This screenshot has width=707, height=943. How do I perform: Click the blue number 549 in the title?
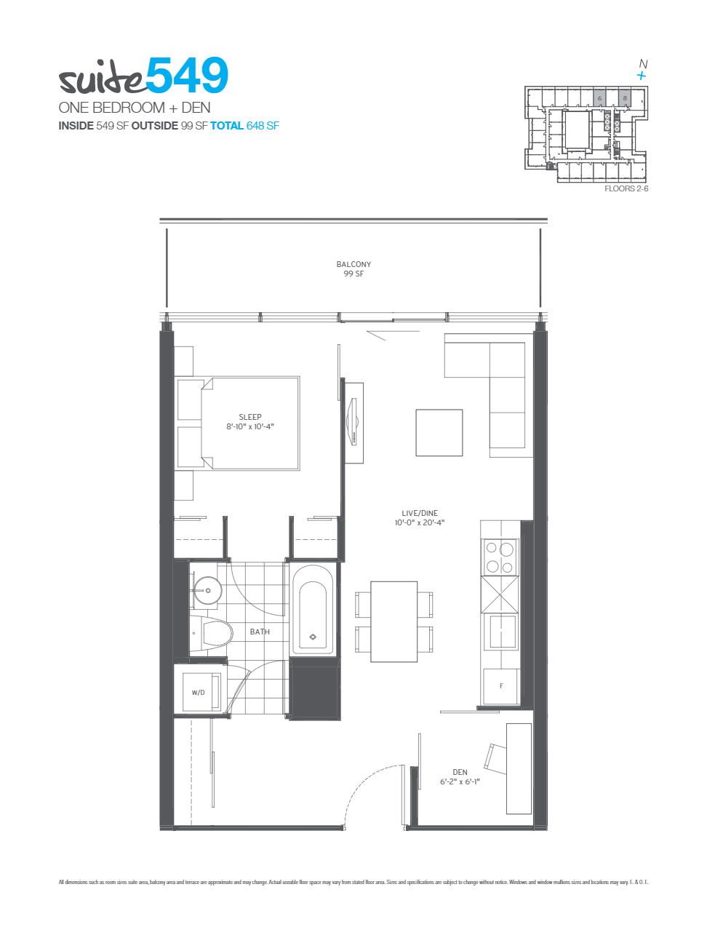pos(187,76)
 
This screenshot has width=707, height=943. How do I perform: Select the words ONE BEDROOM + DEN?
pos(135,108)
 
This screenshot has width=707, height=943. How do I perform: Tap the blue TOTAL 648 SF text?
pos(244,126)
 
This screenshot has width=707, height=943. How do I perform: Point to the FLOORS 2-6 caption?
pos(626,188)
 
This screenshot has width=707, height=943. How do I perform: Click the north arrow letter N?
pos(643,64)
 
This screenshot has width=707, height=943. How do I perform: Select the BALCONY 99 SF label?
pos(353,269)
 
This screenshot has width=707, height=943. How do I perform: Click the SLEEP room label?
pos(250,422)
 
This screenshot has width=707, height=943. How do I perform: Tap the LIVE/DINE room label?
pos(420,517)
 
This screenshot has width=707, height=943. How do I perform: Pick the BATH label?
pos(260,632)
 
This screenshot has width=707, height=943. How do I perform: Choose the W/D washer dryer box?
pos(198,692)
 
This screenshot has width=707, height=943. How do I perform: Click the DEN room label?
pos(460,777)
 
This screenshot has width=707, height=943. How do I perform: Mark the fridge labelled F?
pos(501,686)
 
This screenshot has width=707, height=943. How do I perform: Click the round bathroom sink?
pos(207,590)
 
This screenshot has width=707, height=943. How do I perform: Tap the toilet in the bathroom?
pos(216,633)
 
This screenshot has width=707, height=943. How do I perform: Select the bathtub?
pos(313,610)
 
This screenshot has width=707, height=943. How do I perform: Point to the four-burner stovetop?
pos(500,557)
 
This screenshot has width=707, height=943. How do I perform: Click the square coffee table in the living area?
pos(439,433)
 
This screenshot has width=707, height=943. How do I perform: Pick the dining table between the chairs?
pos(394,621)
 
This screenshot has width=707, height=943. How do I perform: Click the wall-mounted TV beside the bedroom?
pos(354,422)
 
